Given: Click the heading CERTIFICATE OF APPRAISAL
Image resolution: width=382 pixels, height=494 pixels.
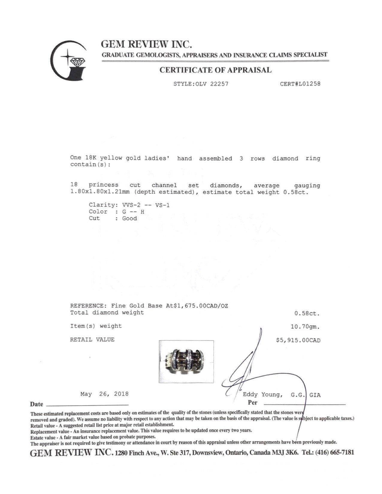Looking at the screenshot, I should tap(215, 70).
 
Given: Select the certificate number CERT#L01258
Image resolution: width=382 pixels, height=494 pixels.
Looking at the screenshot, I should tap(300, 84).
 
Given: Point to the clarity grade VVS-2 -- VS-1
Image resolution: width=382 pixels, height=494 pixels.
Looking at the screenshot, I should tap(146, 205).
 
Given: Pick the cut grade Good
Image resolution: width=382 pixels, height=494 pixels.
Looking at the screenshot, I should tap(129, 219).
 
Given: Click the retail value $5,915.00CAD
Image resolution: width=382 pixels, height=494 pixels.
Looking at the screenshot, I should tap(298, 340).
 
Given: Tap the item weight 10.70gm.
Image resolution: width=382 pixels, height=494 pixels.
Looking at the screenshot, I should tap(305, 327).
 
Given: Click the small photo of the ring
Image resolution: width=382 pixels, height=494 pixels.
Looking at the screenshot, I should tap(186, 361).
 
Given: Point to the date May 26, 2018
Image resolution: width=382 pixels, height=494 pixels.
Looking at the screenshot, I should tap(104, 394).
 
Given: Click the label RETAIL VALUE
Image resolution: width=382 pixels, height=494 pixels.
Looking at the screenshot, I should tap(92, 340).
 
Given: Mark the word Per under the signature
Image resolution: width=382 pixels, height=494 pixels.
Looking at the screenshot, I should tap(253, 403).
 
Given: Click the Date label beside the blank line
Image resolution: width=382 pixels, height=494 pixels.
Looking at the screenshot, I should tap(37, 404).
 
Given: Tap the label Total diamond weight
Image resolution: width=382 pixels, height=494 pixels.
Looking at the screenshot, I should tap(107, 313).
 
